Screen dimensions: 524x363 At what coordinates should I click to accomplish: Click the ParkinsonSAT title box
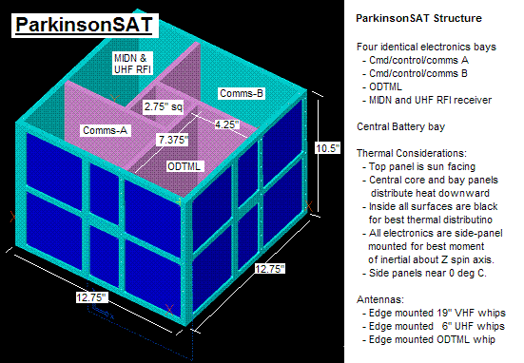tap(85, 26)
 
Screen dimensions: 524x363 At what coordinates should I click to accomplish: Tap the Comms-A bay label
tap(106, 130)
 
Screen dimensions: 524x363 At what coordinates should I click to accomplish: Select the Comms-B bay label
tap(242, 93)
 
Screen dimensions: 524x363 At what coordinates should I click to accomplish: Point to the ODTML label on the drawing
tap(184, 166)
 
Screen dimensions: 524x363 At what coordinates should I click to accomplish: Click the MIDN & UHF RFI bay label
tap(132, 64)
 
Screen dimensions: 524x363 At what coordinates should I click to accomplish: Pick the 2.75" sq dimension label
tap(164, 106)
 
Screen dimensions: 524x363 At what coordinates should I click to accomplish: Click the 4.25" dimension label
tap(227, 124)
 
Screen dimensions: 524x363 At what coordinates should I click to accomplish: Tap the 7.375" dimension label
tap(173, 140)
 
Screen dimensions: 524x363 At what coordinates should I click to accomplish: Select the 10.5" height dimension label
tap(328, 148)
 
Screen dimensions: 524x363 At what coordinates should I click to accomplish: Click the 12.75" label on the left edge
tap(91, 297)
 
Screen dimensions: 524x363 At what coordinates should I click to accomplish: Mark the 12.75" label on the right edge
tap(270, 269)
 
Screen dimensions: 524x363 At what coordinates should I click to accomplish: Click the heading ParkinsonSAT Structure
tap(418, 18)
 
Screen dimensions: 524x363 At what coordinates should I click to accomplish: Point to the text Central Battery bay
tap(400, 126)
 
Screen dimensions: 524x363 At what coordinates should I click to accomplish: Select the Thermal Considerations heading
tap(412, 153)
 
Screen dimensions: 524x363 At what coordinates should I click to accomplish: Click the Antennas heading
tap(380, 299)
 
